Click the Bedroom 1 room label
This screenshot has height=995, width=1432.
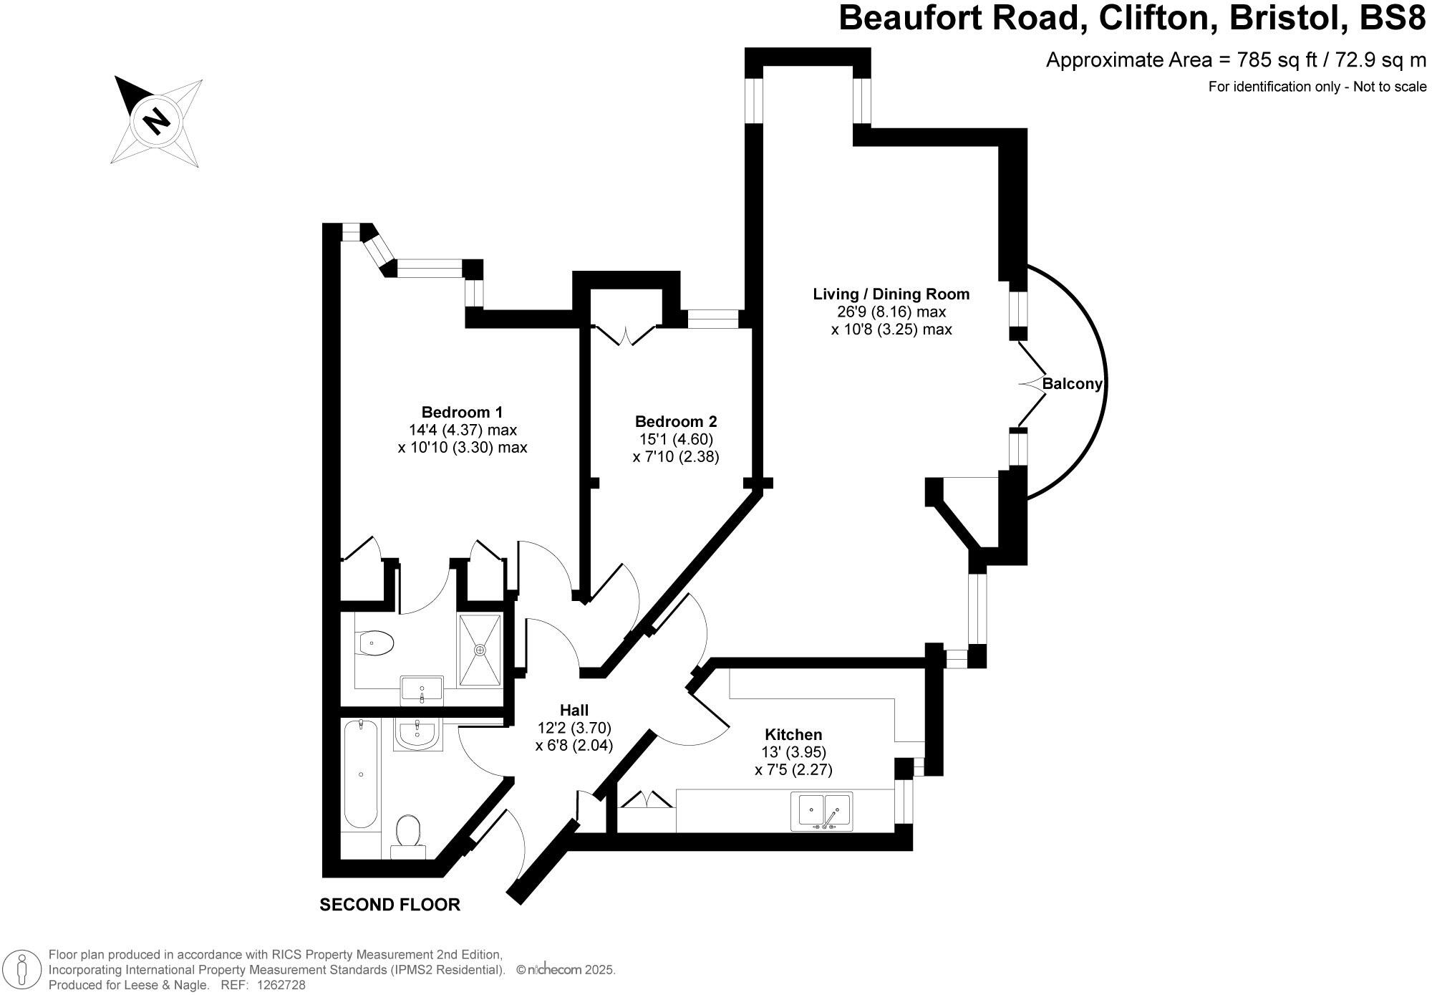tap(462, 413)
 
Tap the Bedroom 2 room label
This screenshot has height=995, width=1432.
tap(676, 422)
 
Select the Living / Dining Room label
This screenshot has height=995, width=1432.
tap(891, 294)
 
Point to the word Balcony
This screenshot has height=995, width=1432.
tap(1072, 384)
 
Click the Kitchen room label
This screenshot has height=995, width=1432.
tap(793, 734)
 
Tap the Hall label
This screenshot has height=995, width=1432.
tap(574, 710)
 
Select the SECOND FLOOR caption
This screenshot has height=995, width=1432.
tap(390, 905)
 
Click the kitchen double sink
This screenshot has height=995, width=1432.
tap(822, 811)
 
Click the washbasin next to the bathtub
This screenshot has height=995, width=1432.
tap(418, 735)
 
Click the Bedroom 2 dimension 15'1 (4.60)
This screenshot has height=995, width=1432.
tap(676, 439)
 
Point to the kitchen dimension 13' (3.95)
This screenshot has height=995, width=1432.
tap(793, 752)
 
